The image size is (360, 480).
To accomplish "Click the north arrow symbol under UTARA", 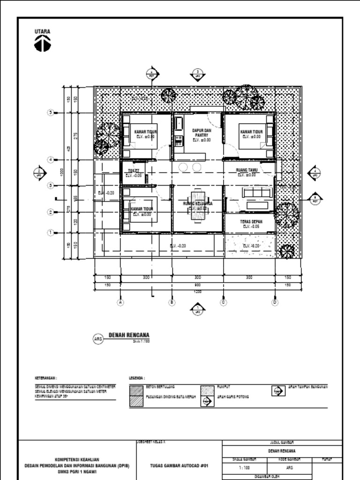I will click(x=43, y=44).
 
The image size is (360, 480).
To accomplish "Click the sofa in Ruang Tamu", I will click(x=256, y=193).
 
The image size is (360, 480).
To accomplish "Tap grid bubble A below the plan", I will click(x=121, y=302).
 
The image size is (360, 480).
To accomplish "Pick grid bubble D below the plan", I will click(x=275, y=302).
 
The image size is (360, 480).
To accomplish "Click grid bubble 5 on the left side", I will click(x=51, y=112).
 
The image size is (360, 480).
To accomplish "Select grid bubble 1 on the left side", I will click(x=51, y=232).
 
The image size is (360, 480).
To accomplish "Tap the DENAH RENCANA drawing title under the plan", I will click(x=129, y=335).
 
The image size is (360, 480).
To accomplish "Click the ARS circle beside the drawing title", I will click(x=98, y=338).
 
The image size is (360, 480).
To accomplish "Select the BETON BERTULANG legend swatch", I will click(x=136, y=390).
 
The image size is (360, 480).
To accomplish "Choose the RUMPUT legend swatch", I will click(x=207, y=390).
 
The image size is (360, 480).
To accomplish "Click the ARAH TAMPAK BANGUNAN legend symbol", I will click(x=278, y=390).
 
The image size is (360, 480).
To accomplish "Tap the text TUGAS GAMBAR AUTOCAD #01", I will click(x=179, y=466).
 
